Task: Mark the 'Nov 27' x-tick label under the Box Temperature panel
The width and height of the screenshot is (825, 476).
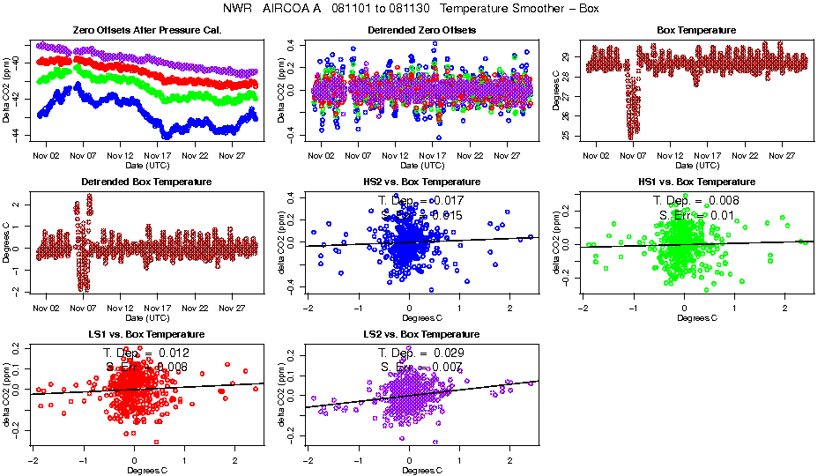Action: click(x=783, y=155)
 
